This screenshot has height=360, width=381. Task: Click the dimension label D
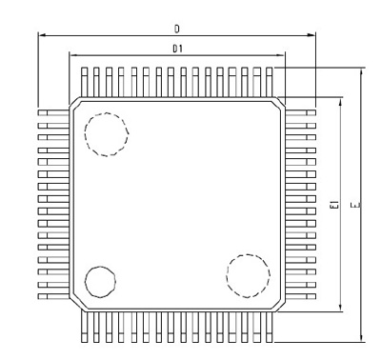point(177,30)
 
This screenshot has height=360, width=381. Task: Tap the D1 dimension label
point(177,49)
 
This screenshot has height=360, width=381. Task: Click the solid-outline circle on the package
point(100,267)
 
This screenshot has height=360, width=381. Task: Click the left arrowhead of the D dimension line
point(41,35)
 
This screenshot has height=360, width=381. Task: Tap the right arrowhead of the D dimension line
point(312,35)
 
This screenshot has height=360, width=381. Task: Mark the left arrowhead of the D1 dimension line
point(72,55)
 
